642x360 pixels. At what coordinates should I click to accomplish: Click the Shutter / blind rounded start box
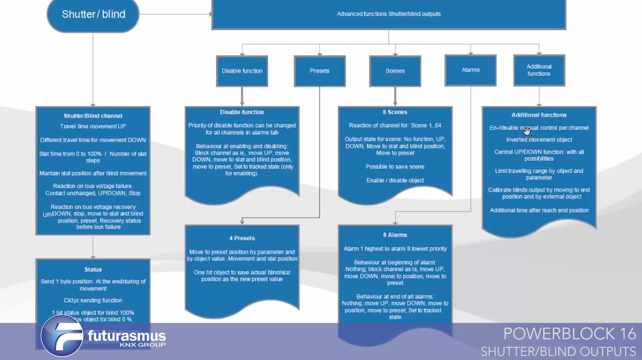93,14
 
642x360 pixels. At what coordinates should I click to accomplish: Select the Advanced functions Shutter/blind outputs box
389,14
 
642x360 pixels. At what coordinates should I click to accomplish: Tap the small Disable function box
242,71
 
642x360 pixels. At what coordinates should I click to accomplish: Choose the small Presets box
320,71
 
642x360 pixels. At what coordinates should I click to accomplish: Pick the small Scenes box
395,71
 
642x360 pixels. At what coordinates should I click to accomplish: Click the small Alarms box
471,70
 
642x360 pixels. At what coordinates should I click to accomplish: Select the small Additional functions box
539,70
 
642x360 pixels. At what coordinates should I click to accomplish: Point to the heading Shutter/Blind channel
93,116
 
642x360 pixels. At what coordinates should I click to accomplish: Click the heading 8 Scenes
395,112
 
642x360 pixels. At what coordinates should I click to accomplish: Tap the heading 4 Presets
242,238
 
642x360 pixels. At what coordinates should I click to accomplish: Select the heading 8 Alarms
395,235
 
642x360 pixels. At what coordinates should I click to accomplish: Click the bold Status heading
93,269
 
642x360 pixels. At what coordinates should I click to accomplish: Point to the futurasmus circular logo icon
62,336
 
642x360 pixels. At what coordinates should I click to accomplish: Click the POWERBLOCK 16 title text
570,334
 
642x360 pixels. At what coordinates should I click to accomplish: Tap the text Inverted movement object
539,140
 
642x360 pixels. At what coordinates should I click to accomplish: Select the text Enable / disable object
395,181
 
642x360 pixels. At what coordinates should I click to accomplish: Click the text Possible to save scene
395,166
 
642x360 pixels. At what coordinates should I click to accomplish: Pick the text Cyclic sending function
93,301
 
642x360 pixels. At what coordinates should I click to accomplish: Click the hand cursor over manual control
526,131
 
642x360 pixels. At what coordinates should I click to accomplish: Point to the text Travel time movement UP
93,127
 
